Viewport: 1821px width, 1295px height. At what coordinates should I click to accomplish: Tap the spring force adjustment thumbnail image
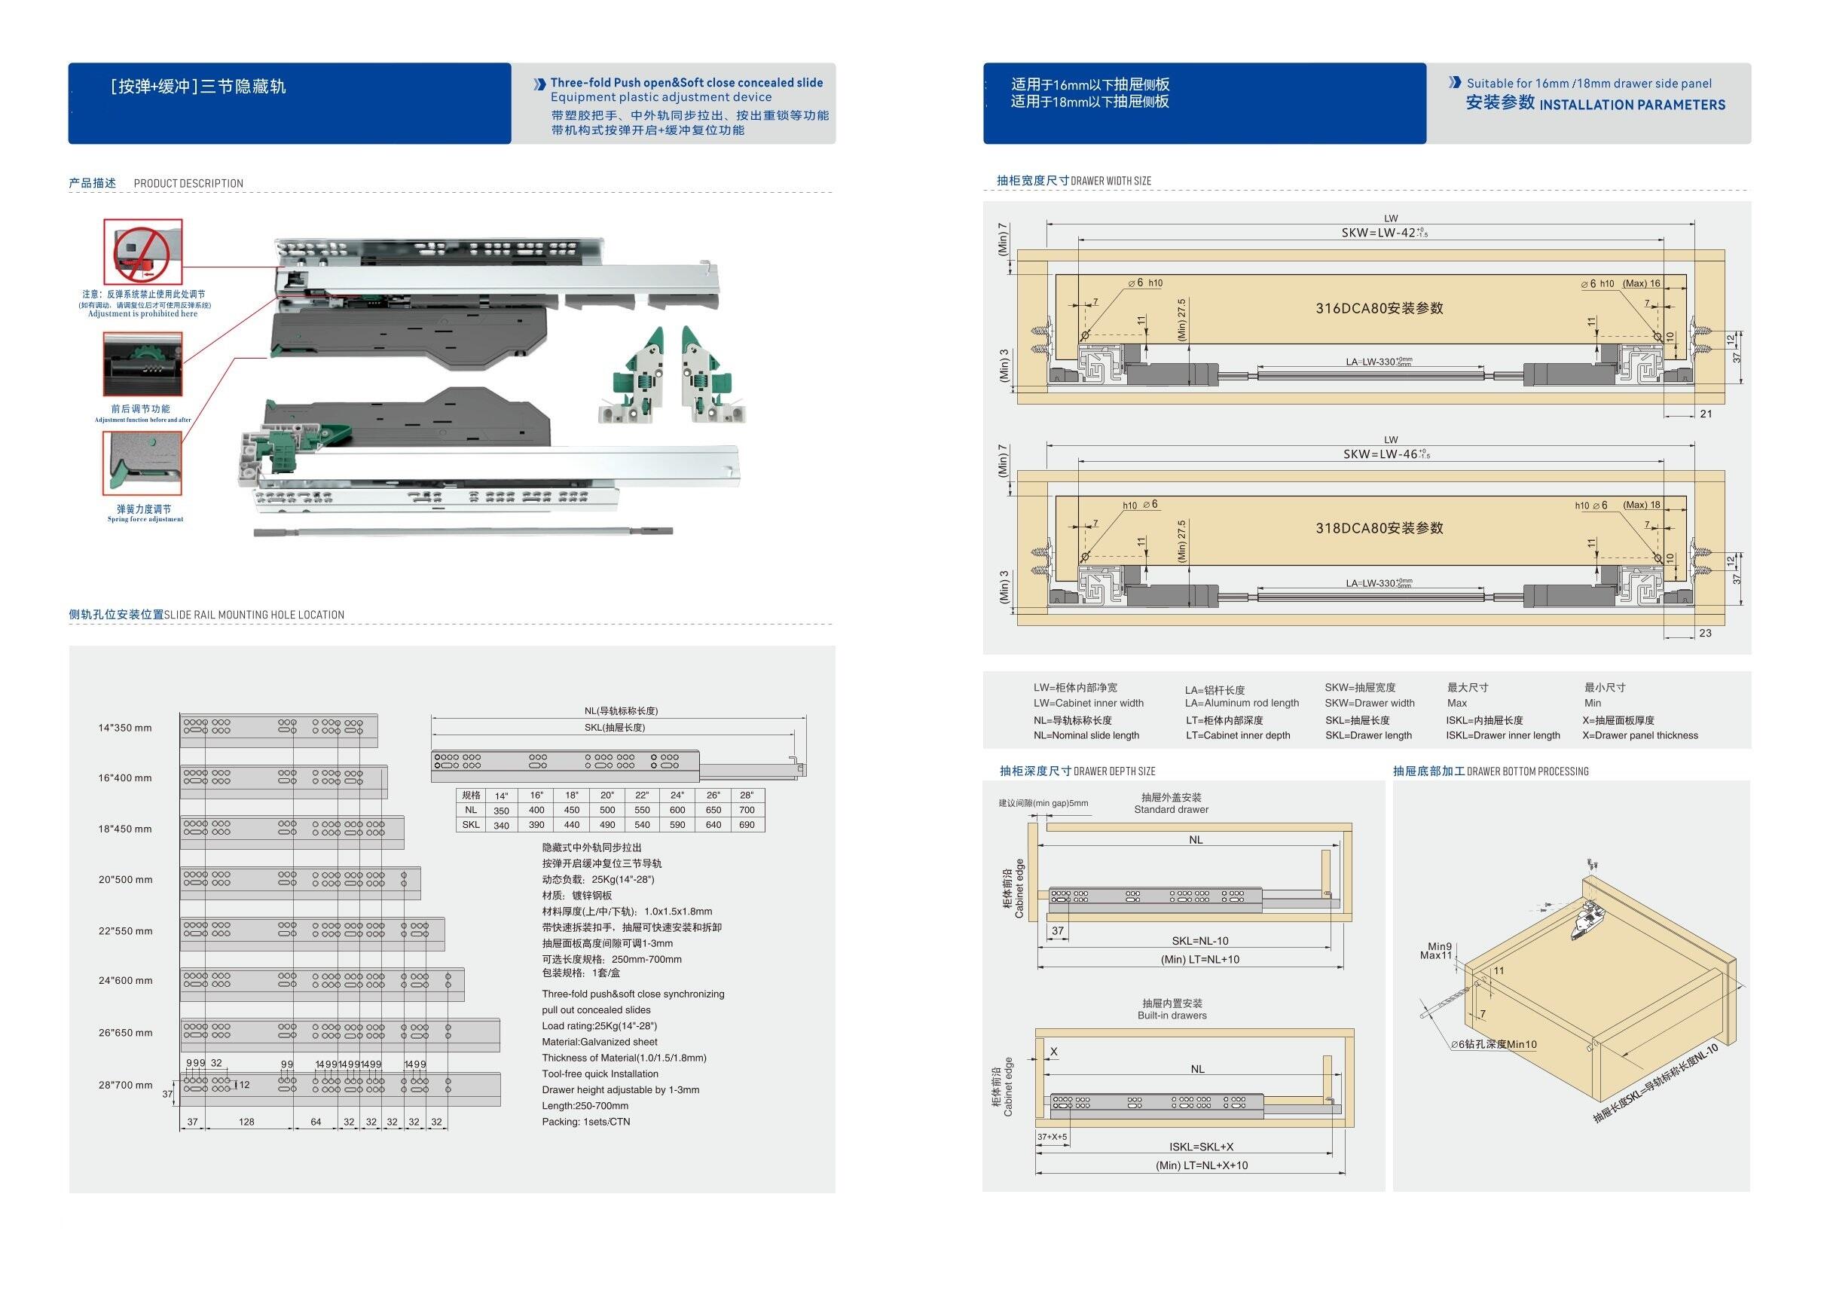coord(142,463)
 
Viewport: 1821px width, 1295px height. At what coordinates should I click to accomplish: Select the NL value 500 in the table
coord(606,810)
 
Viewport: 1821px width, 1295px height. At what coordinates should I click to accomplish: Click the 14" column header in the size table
coord(501,796)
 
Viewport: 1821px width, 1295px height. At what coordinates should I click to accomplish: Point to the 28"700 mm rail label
coord(125,1086)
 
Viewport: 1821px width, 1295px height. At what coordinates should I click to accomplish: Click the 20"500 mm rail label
coord(125,880)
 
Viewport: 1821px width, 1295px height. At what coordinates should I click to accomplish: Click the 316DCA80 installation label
coord(1379,309)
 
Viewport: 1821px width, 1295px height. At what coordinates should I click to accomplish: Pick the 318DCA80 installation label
coord(1379,528)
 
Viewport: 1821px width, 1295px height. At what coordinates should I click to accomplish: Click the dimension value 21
coord(1706,414)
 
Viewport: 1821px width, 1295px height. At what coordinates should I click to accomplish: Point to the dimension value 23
coord(1706,633)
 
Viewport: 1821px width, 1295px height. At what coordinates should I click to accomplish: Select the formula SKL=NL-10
coord(1200,941)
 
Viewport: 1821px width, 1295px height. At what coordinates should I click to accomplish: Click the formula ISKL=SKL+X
coord(1201,1147)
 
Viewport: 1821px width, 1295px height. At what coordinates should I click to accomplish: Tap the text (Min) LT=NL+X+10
coord(1202,1165)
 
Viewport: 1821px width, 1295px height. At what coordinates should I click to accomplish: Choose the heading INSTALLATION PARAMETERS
coord(1632,105)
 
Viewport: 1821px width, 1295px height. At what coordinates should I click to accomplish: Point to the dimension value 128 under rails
coord(246,1122)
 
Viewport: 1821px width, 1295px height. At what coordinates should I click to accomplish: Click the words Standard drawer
coord(1172,809)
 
